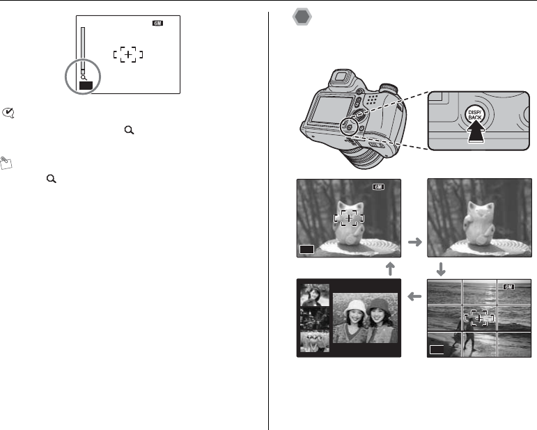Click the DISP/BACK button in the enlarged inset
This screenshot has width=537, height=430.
(x=475, y=114)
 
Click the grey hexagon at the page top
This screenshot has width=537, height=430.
(x=302, y=17)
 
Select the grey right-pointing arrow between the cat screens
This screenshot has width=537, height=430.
(x=415, y=242)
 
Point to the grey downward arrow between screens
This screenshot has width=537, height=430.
(x=441, y=269)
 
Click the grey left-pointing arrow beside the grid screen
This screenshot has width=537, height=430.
(x=414, y=296)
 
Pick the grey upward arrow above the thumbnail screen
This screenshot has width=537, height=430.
(x=390, y=269)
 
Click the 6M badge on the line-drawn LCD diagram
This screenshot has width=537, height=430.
(x=157, y=23)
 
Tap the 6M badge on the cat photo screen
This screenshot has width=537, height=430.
(x=378, y=186)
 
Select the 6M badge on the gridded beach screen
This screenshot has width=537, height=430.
(x=509, y=287)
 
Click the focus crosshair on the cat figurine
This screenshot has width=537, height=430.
(x=349, y=218)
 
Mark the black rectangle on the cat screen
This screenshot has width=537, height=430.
(x=307, y=249)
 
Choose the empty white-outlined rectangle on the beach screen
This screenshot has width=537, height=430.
(x=437, y=349)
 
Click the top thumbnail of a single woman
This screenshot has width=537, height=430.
(x=315, y=295)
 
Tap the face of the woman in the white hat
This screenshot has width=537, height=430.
(x=355, y=317)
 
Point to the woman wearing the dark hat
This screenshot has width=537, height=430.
(x=380, y=320)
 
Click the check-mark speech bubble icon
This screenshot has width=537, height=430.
(x=8, y=113)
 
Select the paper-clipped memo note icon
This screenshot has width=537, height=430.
(x=6, y=163)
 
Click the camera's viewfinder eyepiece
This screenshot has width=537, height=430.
(x=340, y=76)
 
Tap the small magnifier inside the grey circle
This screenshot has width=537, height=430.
(x=84, y=78)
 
